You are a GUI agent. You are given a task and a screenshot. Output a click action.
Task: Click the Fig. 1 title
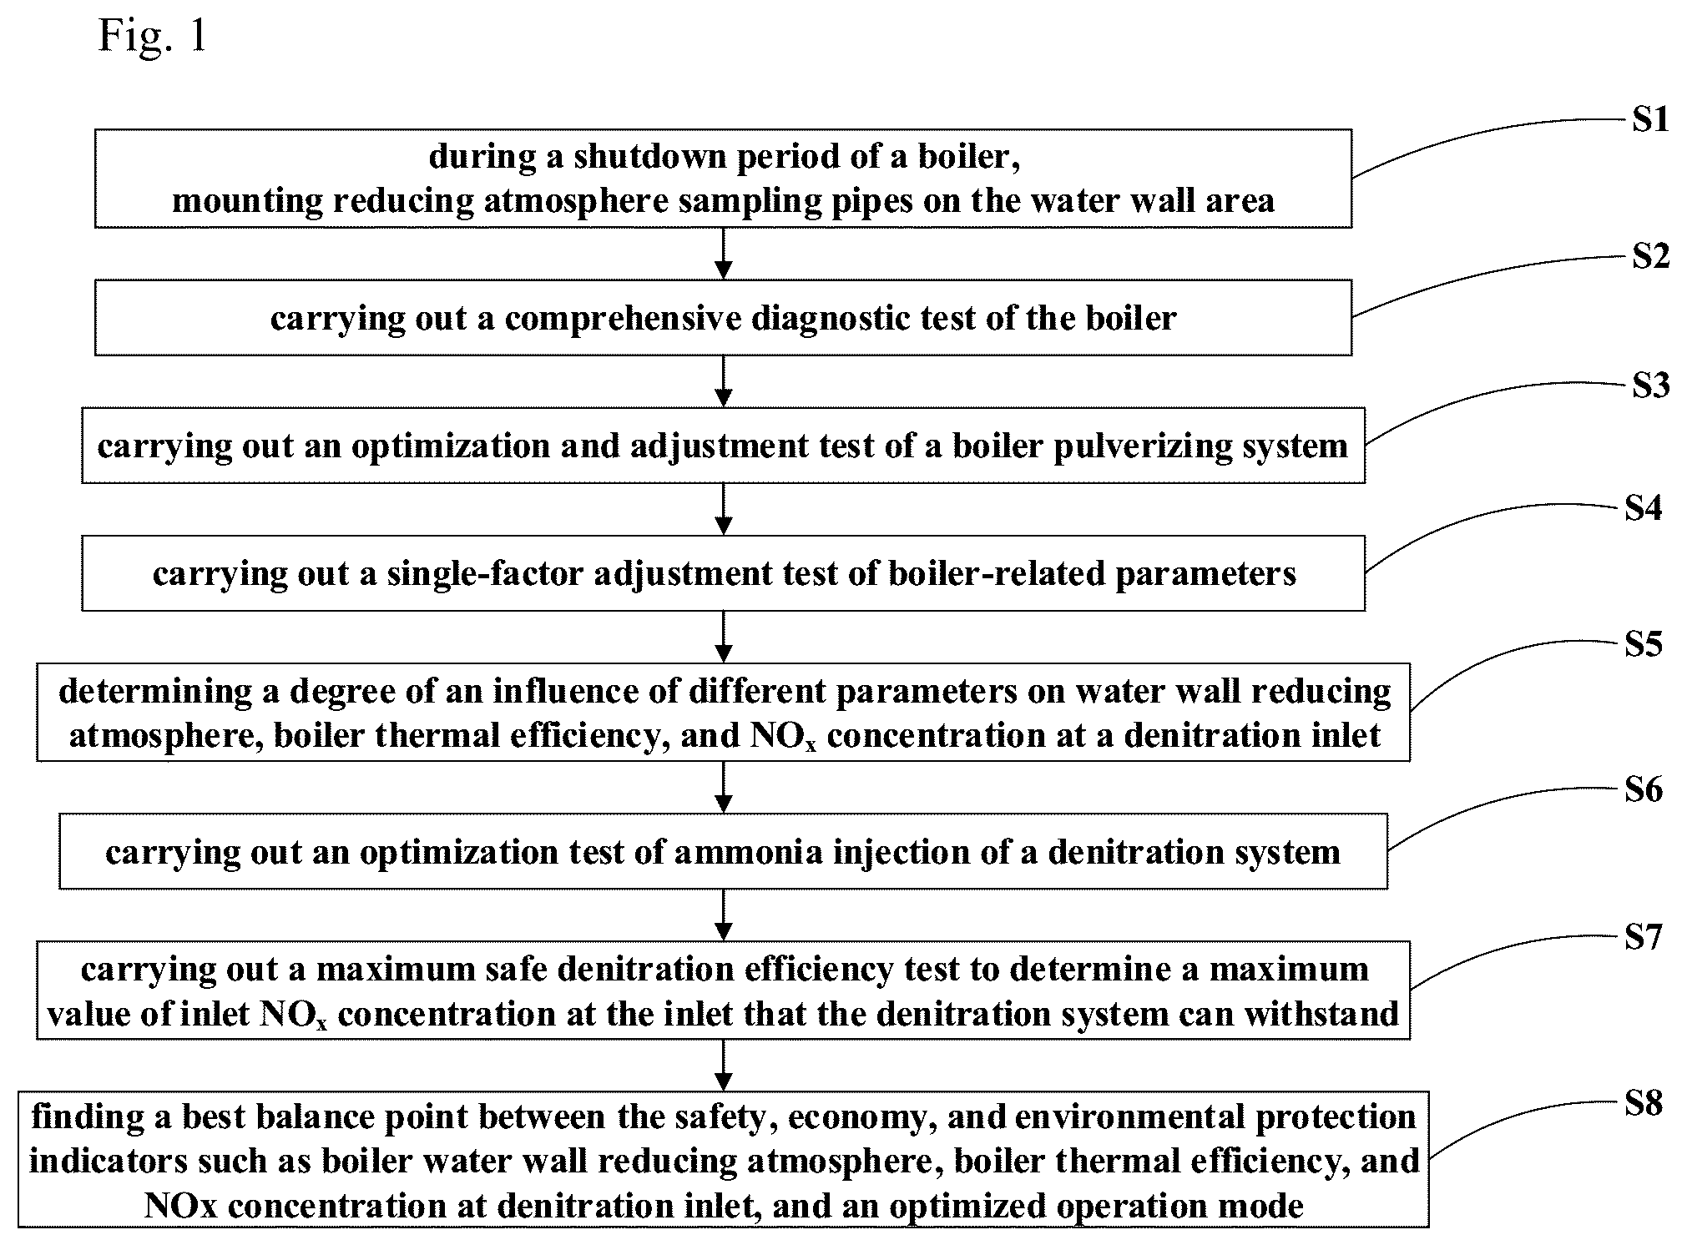click(152, 36)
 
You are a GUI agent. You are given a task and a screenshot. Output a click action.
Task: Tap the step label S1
click(1650, 121)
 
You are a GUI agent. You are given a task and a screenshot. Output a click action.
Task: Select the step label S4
click(1643, 508)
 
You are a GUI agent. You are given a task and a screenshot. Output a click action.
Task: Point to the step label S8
click(1644, 1104)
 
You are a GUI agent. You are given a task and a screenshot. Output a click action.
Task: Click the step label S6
click(1644, 789)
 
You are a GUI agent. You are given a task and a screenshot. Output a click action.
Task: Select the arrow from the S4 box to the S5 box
click(724, 638)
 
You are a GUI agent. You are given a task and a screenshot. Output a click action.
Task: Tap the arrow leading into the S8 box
click(724, 1066)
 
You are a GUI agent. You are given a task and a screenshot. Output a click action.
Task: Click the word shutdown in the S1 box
click(637, 157)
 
